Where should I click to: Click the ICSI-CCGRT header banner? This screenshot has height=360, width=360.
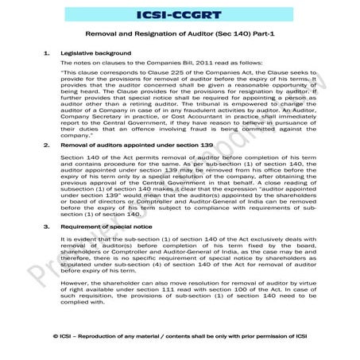point(180,14)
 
